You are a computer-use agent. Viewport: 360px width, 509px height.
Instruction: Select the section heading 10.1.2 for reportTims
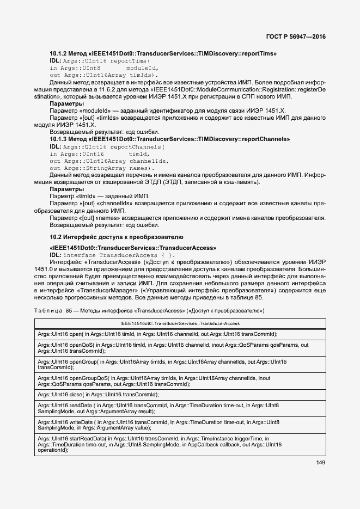(x=163, y=53)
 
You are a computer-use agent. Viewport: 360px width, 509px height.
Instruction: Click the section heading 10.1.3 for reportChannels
(x=169, y=139)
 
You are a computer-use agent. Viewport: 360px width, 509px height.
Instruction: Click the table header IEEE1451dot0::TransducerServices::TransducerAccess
(x=179, y=323)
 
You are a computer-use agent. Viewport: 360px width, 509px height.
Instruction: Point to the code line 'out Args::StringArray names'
(x=96, y=168)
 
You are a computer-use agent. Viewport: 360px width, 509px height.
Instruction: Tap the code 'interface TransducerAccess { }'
(x=120, y=254)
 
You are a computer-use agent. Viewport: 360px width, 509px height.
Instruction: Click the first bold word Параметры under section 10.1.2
(x=66, y=103)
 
